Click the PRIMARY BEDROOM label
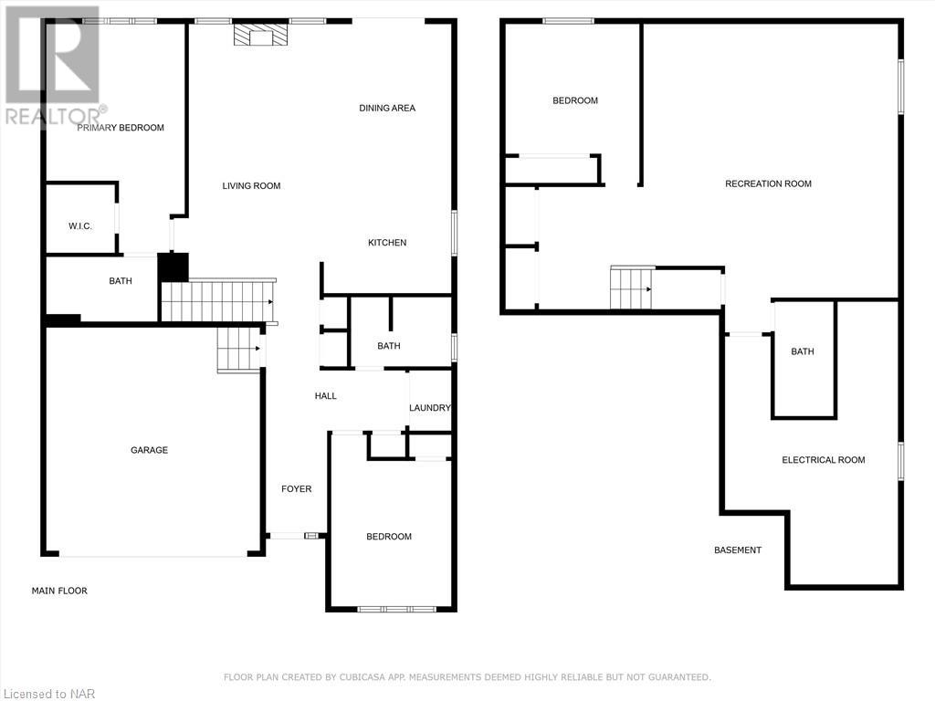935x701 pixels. (x=121, y=128)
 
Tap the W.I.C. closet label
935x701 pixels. (x=80, y=225)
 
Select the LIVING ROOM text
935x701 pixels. (x=251, y=186)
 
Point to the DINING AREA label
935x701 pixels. (x=387, y=108)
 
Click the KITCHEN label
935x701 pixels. (x=387, y=243)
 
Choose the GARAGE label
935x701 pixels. (x=149, y=450)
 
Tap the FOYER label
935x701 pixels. (x=296, y=489)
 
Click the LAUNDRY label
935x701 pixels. (x=429, y=408)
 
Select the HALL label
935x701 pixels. (x=326, y=396)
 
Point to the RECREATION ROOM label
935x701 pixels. (x=768, y=183)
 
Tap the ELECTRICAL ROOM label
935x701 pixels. (x=823, y=460)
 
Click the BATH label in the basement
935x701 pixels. (x=803, y=351)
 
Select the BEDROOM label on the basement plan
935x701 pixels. (x=575, y=100)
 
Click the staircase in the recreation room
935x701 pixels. (x=632, y=288)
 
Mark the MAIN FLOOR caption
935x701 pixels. (x=59, y=591)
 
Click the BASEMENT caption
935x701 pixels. (x=737, y=550)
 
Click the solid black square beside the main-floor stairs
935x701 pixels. (x=173, y=267)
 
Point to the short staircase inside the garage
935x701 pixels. (x=239, y=350)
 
